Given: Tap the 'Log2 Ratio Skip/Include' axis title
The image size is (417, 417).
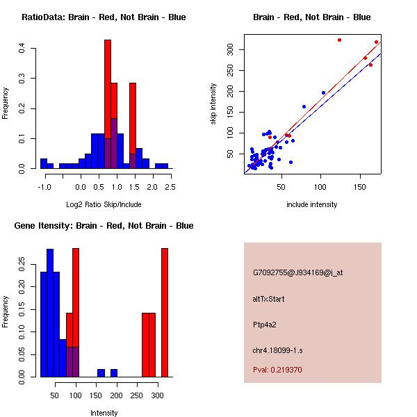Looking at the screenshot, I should (x=104, y=204).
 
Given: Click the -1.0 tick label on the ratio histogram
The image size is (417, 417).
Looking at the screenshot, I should (x=44, y=186).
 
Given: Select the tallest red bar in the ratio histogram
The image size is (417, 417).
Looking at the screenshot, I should (x=108, y=104).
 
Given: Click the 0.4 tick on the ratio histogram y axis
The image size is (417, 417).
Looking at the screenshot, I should (x=23, y=48).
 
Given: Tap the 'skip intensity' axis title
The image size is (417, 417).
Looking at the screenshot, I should (x=213, y=104).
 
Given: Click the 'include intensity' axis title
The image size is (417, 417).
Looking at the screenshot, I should (x=312, y=204).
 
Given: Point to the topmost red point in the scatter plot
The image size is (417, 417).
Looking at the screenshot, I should (x=339, y=40).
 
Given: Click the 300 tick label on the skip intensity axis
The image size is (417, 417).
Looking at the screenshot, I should (x=229, y=50).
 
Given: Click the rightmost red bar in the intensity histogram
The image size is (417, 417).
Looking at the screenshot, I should (x=165, y=312).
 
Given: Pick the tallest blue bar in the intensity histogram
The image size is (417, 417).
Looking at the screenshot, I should (x=50, y=312).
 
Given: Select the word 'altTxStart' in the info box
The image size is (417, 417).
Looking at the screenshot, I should (x=269, y=299).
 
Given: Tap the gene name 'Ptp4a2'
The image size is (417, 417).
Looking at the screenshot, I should (x=265, y=325).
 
